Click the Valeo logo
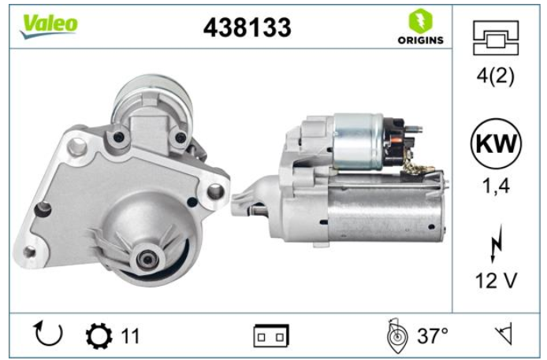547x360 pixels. coord(49,26)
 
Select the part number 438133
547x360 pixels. coord(247,28)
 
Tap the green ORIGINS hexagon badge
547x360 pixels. coord(420,21)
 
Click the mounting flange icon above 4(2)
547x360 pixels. coord(496,38)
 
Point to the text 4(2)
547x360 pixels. coord(495,76)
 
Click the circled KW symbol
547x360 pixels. coord(496,143)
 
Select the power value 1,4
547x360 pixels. coord(496,186)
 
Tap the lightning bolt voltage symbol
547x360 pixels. coord(496,244)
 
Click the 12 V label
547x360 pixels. coord(496,280)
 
